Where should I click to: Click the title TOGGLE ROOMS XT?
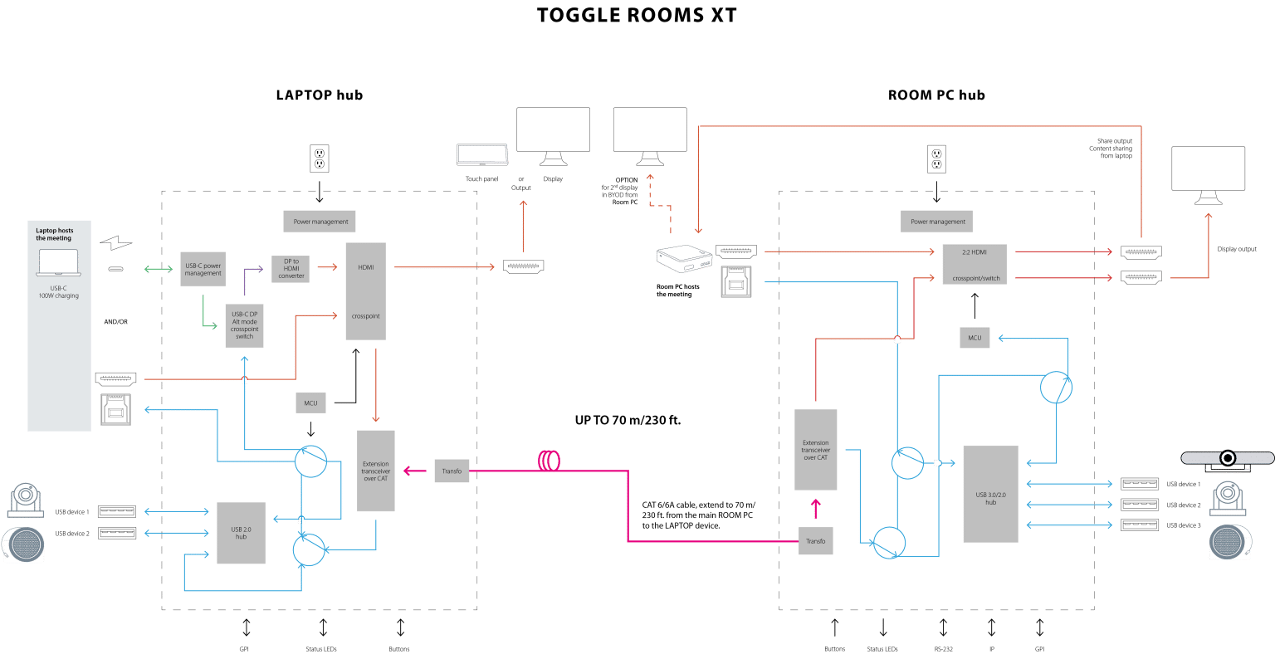pyautogui.click(x=637, y=16)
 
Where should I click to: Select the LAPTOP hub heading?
pyautogui.click(x=319, y=95)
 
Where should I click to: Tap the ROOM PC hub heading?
pyautogui.click(x=936, y=95)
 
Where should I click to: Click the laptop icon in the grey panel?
pyautogui.click(x=57, y=264)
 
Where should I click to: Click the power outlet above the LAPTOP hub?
pyautogui.click(x=320, y=159)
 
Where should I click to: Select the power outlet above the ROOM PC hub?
pyautogui.click(x=937, y=159)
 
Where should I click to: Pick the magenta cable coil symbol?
pyautogui.click(x=550, y=461)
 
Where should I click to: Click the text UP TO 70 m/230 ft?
pyautogui.click(x=628, y=421)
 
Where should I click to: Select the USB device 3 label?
pyautogui.click(x=1183, y=525)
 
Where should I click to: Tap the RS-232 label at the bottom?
pyautogui.click(x=943, y=648)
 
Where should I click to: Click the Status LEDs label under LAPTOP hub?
pyautogui.click(x=323, y=648)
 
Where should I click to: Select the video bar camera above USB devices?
pyautogui.click(x=1227, y=458)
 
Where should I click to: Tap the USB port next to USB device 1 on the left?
pyautogui.click(x=118, y=511)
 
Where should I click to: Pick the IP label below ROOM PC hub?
pyautogui.click(x=990, y=648)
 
